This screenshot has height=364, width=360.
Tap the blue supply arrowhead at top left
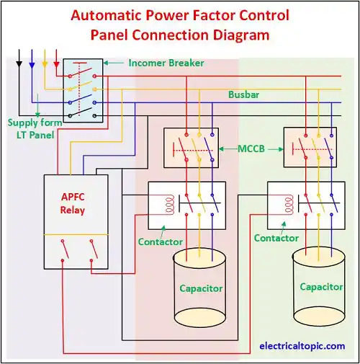pos(32,66)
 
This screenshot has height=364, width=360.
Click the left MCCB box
pos(191,148)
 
